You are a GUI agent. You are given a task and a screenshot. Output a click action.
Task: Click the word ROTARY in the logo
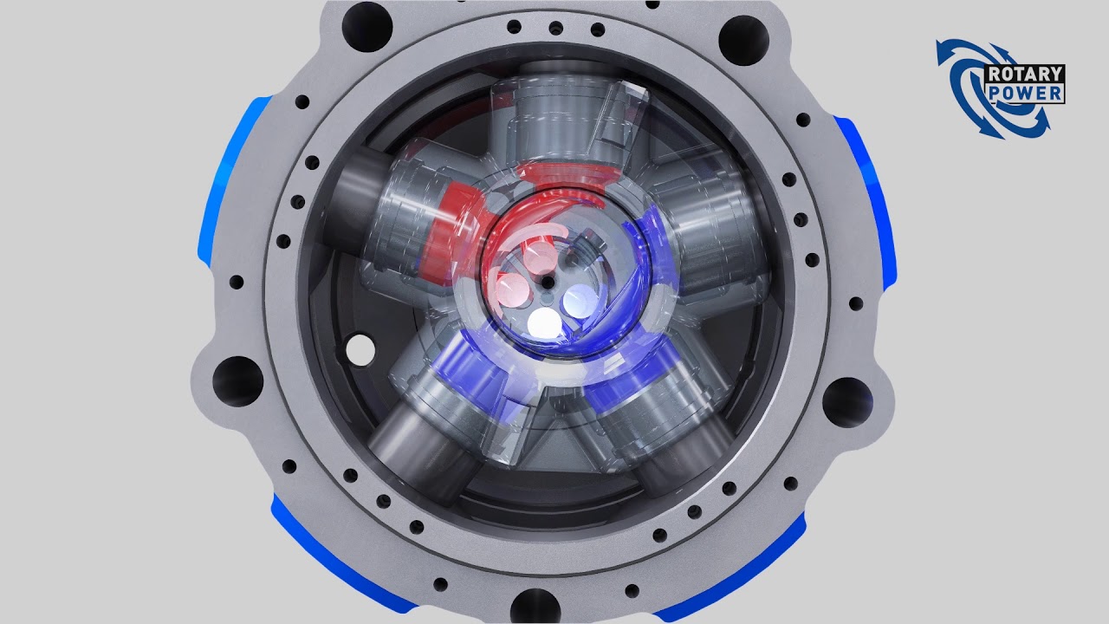[x=1025, y=75]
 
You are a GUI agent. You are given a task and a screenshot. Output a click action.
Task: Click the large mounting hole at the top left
[x=366, y=26]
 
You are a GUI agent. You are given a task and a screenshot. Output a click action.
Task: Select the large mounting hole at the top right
[x=743, y=40]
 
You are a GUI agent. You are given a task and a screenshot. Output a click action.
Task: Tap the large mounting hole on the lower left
[x=237, y=382]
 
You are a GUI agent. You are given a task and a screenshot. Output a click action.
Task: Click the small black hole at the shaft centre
[x=548, y=283]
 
